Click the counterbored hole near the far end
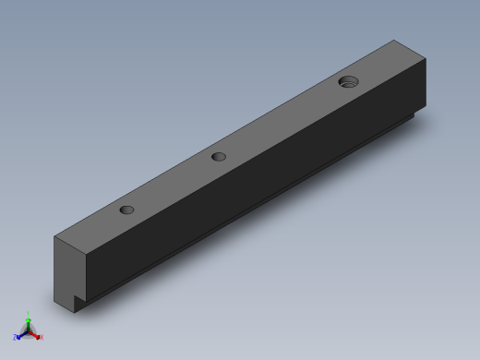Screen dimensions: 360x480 [x=348, y=82]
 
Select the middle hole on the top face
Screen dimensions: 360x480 [x=219, y=156]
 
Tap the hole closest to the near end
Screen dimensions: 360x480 [x=127, y=210]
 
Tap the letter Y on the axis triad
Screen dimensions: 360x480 [x=30, y=313]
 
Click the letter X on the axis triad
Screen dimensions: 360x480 [x=41, y=338]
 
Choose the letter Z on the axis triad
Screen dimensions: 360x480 [x=16, y=338]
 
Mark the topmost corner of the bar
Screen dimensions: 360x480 [x=395, y=40]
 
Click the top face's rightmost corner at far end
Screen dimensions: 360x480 [x=426, y=59]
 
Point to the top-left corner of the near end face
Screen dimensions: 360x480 [x=54, y=237]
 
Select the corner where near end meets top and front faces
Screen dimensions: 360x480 [x=86, y=256]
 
